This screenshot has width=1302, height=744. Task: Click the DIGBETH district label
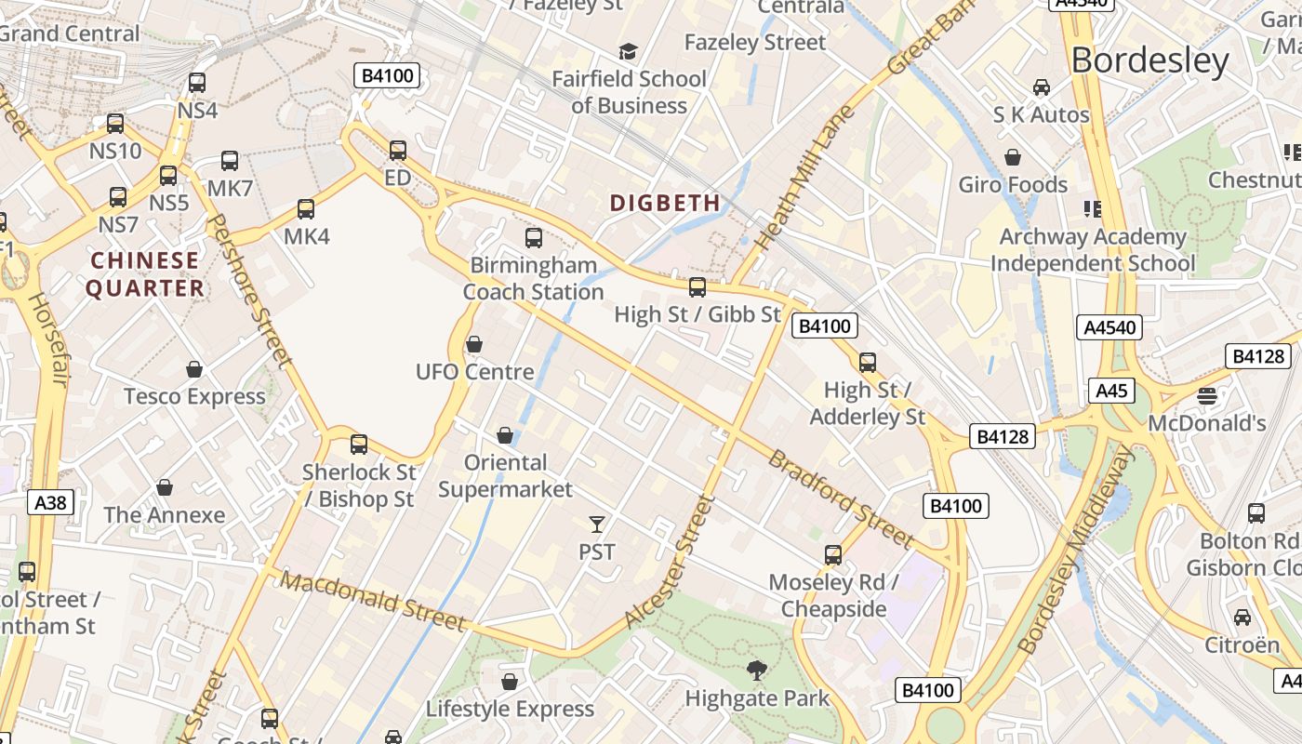665,203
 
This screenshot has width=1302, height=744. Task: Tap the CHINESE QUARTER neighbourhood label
145,274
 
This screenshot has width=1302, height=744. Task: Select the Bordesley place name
1149,60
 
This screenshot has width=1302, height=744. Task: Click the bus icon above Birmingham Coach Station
534,238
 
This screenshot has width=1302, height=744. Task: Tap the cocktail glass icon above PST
597,525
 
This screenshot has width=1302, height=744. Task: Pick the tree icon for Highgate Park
757,670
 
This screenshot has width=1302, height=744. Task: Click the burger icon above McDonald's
1207,396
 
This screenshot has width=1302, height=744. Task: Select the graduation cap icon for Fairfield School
629,51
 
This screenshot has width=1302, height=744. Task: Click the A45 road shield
1111,391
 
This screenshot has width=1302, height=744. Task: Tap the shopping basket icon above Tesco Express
194,369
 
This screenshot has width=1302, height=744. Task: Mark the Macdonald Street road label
372,601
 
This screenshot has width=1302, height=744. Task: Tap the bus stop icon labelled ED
398,150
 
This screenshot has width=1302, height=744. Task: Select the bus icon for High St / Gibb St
697,287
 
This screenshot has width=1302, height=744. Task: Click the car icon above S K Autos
1042,87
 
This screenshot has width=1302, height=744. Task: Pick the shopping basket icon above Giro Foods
1013,157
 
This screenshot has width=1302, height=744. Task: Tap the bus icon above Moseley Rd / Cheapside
833,555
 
